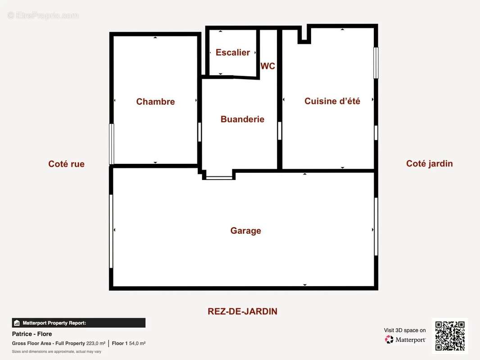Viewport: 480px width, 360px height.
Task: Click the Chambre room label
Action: tap(155, 102)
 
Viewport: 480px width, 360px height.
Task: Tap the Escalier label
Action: tap(233, 52)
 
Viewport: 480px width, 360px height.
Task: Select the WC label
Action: tap(267, 66)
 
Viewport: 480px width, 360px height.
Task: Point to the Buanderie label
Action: tap(242, 119)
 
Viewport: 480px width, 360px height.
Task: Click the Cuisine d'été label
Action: tap(332, 101)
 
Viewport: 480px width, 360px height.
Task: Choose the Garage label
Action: tap(246, 230)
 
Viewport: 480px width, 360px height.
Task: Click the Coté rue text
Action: tap(67, 164)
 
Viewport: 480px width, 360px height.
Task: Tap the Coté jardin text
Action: tap(430, 164)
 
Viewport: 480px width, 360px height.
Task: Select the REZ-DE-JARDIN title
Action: tap(242, 311)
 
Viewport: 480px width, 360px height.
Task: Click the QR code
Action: tap(450, 336)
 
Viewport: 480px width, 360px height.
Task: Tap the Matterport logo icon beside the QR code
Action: tap(389, 339)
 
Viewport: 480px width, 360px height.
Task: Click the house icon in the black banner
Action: tap(17, 323)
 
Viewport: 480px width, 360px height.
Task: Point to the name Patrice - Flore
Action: tap(32, 334)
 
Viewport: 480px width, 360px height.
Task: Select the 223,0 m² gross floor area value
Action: tap(96, 343)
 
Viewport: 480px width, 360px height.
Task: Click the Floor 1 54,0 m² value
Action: tap(129, 343)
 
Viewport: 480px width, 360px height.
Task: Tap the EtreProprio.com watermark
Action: tap(43, 15)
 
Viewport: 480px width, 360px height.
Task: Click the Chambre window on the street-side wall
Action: tap(112, 144)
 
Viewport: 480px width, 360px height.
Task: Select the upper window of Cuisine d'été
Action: tap(376, 63)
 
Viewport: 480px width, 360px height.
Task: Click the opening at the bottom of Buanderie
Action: tap(219, 177)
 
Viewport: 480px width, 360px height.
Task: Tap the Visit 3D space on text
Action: tap(405, 330)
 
